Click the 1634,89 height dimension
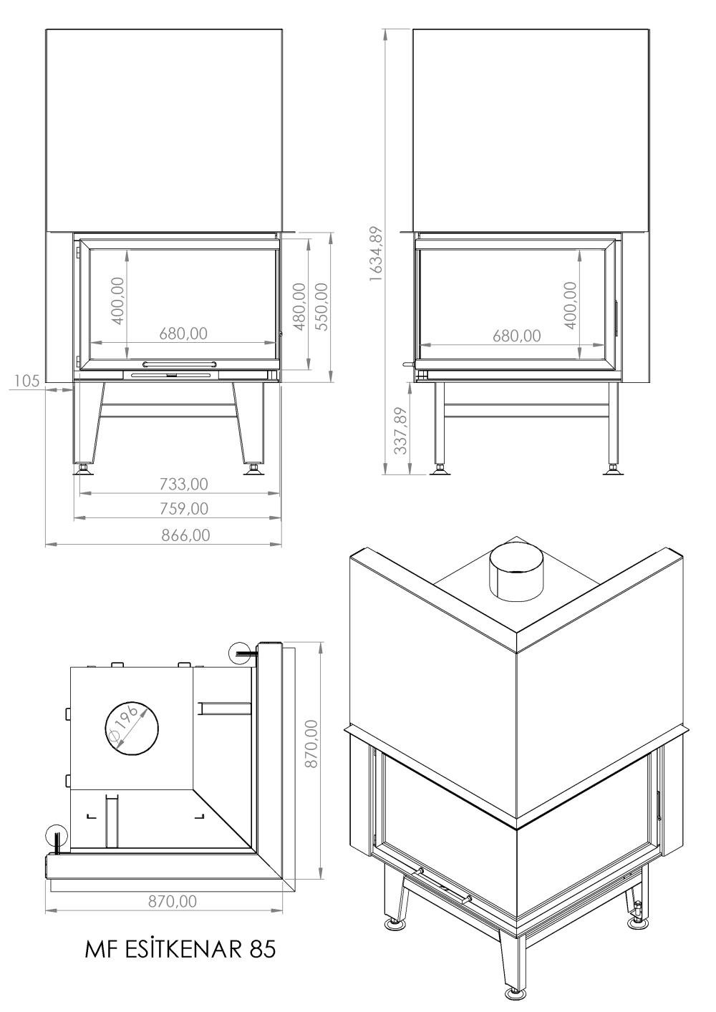tap(375, 254)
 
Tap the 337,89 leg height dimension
tap(401, 431)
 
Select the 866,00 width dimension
tap(185, 535)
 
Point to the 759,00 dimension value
tap(184, 509)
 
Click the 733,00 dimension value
tap(184, 485)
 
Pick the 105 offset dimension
tap(26, 381)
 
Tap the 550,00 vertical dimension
tap(321, 307)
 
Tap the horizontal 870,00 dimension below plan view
tap(173, 911)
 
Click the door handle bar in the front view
tap(180, 364)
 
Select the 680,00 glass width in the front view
tap(183, 334)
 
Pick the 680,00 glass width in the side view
tap(517, 336)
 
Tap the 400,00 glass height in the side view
tap(571, 306)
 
